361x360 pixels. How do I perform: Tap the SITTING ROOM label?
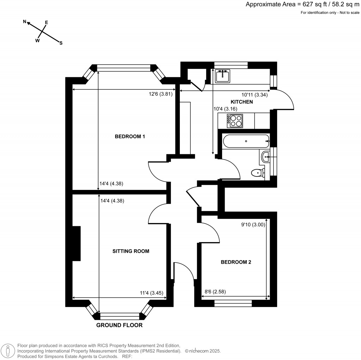tap(131, 251)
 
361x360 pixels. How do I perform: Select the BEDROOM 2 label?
tap(235, 262)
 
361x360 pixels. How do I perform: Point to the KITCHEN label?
tap(252, 102)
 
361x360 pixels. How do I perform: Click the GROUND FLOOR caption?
tap(120, 325)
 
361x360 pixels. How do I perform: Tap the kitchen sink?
tap(222, 76)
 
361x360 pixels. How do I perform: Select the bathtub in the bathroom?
tap(246, 141)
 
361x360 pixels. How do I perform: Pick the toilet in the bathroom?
tap(258, 173)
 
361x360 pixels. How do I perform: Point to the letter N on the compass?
tap(25, 22)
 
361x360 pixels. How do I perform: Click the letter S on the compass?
tap(61, 43)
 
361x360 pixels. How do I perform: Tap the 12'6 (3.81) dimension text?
tap(160, 94)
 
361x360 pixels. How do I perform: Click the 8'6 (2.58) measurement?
tap(215, 292)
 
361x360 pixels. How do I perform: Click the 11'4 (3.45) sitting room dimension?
tap(152, 293)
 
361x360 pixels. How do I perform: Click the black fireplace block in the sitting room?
tap(77, 244)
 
